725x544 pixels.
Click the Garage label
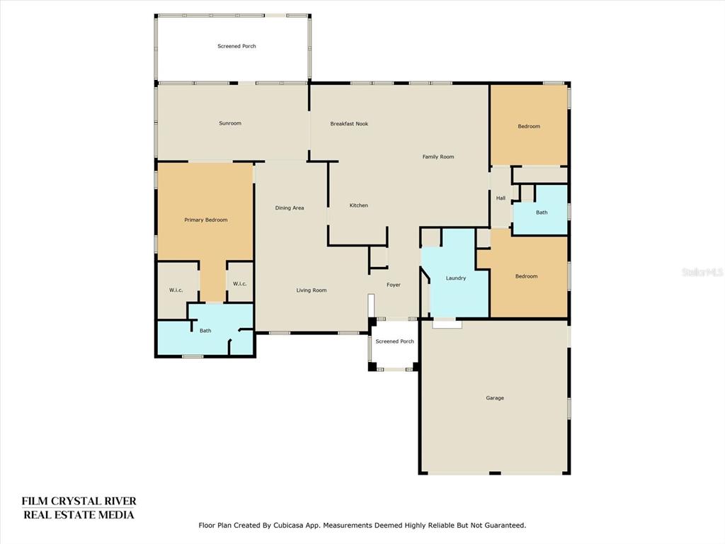[495, 398]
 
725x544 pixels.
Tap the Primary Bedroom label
[206, 220]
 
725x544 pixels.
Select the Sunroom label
[230, 123]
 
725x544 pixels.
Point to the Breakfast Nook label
[349, 123]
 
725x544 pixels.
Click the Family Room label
[438, 157]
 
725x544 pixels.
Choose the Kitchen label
[358, 205]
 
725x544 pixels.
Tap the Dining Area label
[290, 208]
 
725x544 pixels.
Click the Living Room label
[312, 290]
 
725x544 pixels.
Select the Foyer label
[394, 285]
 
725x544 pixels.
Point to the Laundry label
[455, 278]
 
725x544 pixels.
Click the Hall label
[501, 198]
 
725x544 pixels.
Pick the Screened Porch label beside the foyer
[394, 341]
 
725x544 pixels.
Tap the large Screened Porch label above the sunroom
[236, 46]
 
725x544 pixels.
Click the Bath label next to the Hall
[542, 212]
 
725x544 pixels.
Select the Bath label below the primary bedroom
[205, 331]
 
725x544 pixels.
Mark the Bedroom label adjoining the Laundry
[526, 276]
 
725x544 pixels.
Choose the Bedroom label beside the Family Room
[528, 126]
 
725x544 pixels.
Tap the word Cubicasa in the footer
[287, 526]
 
